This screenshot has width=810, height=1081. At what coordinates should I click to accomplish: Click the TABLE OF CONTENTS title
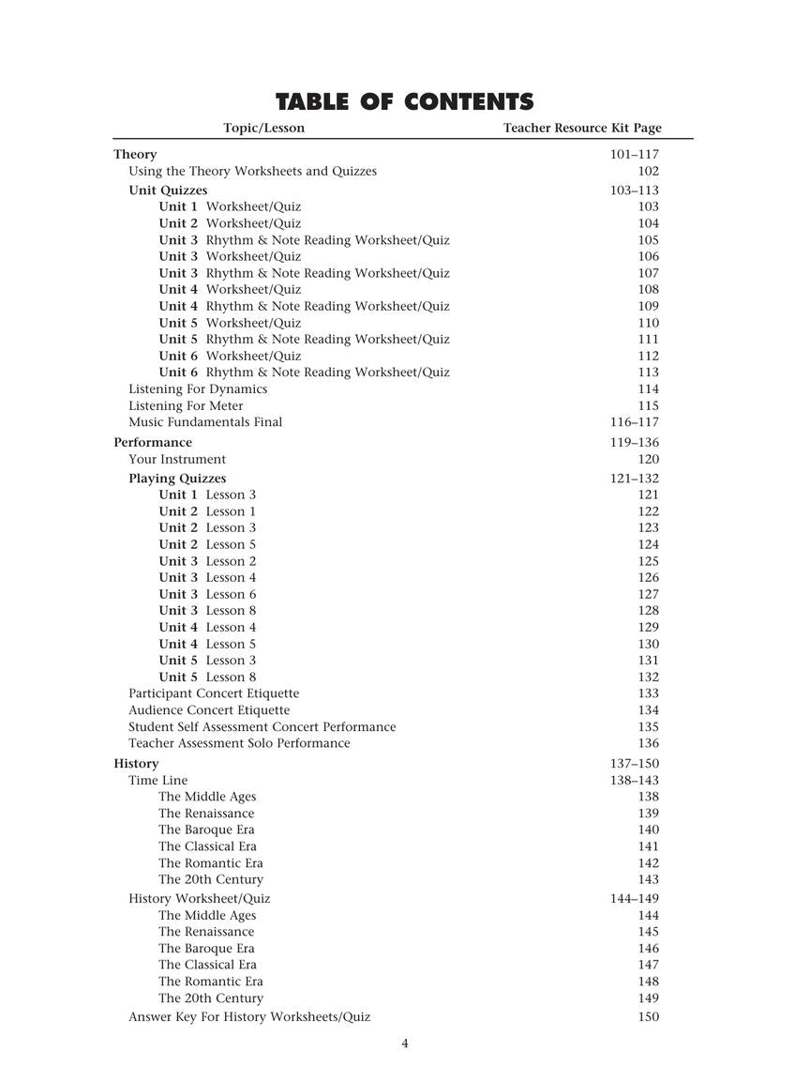click(404, 101)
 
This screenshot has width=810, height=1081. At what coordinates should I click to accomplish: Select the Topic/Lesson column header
click(263, 128)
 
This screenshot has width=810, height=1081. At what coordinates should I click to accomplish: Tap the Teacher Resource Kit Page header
click(581, 128)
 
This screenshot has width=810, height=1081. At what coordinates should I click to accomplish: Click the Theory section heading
click(135, 154)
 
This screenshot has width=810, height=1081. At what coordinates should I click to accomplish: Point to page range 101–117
click(635, 154)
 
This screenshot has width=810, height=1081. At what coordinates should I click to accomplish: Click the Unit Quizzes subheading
click(168, 190)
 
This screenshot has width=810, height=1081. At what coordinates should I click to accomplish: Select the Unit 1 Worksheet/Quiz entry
click(230, 206)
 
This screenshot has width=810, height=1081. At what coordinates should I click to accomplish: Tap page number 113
click(648, 373)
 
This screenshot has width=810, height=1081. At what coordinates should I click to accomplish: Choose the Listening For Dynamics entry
click(198, 388)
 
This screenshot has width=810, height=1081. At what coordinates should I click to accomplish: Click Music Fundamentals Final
click(205, 422)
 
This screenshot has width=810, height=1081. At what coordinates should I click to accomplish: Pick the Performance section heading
click(153, 442)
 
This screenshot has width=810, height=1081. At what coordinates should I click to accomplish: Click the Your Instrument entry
click(177, 459)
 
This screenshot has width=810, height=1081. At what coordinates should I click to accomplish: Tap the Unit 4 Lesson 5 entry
click(207, 644)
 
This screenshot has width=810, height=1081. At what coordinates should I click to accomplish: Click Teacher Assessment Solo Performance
click(239, 743)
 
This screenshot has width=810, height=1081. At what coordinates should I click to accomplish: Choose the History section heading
click(136, 764)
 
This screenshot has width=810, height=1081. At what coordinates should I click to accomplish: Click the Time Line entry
click(157, 781)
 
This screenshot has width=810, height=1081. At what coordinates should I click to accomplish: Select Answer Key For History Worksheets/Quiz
click(249, 1017)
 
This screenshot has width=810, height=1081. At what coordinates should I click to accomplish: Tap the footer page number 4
click(405, 1043)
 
